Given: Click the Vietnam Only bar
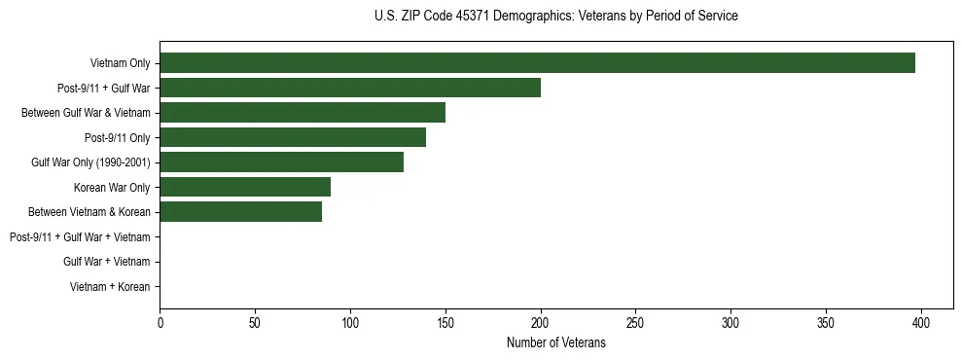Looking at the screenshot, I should click(x=537, y=63).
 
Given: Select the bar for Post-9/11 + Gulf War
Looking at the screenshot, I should click(x=350, y=88).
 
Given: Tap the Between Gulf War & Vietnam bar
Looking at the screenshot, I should click(x=303, y=113).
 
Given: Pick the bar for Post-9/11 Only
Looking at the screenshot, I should click(x=293, y=137).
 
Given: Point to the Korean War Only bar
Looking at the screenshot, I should click(x=245, y=187).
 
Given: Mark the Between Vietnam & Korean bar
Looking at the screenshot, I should click(x=240, y=212).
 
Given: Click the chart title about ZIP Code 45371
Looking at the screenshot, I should click(x=555, y=17).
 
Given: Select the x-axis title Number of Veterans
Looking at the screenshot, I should click(x=555, y=342).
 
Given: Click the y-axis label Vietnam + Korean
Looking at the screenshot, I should click(x=110, y=287).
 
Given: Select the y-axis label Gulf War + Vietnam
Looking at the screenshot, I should click(x=106, y=262).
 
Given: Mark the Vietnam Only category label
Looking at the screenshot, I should click(x=120, y=63).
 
